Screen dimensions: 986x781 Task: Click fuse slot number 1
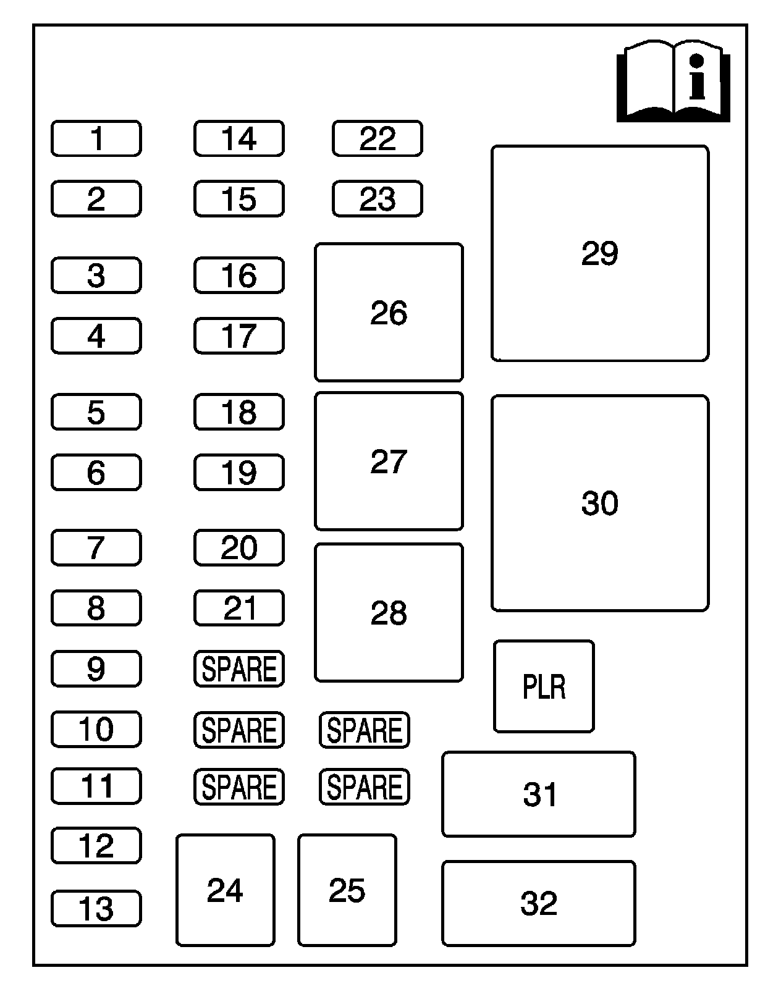click(96, 138)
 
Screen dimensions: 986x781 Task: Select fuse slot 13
click(96, 908)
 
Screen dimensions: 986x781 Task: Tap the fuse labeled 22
click(377, 138)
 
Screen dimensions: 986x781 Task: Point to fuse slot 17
click(239, 335)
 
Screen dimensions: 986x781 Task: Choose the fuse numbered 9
click(96, 668)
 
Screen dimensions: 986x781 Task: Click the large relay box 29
click(599, 253)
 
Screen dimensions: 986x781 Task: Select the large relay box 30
click(599, 503)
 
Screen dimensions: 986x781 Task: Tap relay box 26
click(389, 313)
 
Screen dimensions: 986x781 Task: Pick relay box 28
click(389, 613)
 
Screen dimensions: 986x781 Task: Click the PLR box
click(544, 686)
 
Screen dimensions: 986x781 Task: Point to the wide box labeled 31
click(538, 794)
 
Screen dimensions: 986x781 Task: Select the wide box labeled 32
click(538, 903)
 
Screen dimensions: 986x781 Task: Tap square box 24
click(225, 890)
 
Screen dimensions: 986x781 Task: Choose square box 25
click(347, 890)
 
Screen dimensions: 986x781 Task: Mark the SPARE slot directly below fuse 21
click(239, 668)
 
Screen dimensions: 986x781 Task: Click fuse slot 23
click(377, 199)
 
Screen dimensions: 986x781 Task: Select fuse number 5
click(96, 411)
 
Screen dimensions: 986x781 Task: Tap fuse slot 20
click(239, 547)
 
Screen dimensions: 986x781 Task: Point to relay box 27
click(389, 461)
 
